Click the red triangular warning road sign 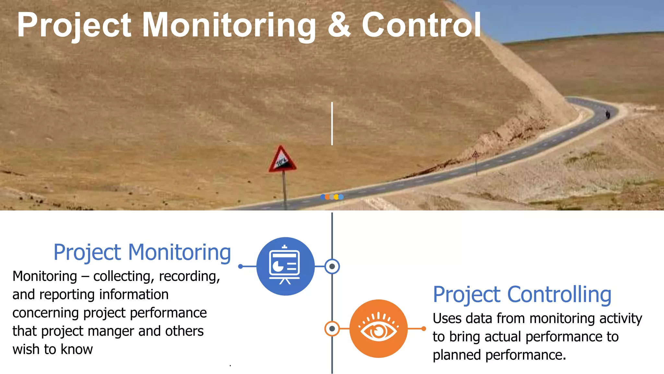click(282, 160)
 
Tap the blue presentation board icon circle click(285, 266)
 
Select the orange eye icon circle click(378, 329)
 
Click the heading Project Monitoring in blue click(142, 253)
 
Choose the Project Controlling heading click(522, 295)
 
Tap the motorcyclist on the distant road click(608, 114)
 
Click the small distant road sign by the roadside click(475, 155)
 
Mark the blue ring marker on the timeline click(332, 267)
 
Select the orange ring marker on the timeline click(332, 329)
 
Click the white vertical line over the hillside click(332, 123)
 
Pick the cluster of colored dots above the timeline click(332, 197)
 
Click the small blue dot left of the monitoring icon click(240, 267)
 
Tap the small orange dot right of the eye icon click(424, 329)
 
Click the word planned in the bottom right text click(457, 355)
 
